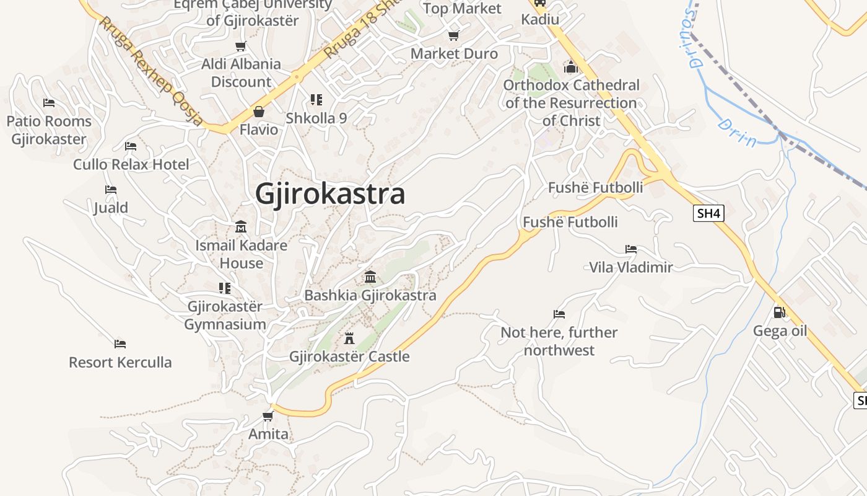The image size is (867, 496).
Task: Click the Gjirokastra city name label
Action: (330, 194)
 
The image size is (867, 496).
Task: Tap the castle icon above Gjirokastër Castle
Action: (349, 339)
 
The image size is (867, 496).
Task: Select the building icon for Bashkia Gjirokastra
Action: (370, 277)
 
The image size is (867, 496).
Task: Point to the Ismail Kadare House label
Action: (241, 254)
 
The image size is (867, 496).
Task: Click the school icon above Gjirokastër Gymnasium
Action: (225, 288)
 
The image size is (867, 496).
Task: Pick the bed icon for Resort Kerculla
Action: (120, 343)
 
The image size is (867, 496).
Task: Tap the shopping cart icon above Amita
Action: (268, 415)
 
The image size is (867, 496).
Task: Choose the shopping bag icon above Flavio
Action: (259, 112)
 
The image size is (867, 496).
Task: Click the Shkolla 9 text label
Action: (316, 118)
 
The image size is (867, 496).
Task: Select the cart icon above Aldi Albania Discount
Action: (241, 46)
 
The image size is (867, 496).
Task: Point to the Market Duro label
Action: (454, 54)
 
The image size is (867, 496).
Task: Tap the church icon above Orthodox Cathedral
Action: (570, 66)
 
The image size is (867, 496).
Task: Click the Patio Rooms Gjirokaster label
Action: (49, 130)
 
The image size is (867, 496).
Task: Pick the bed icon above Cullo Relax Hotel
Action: (131, 146)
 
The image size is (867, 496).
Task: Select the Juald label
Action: (111, 208)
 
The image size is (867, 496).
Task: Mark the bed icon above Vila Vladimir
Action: (631, 249)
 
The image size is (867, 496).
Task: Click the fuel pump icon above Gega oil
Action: (780, 312)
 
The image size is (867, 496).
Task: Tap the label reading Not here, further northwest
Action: (559, 341)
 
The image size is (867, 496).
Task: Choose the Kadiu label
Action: (540, 19)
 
